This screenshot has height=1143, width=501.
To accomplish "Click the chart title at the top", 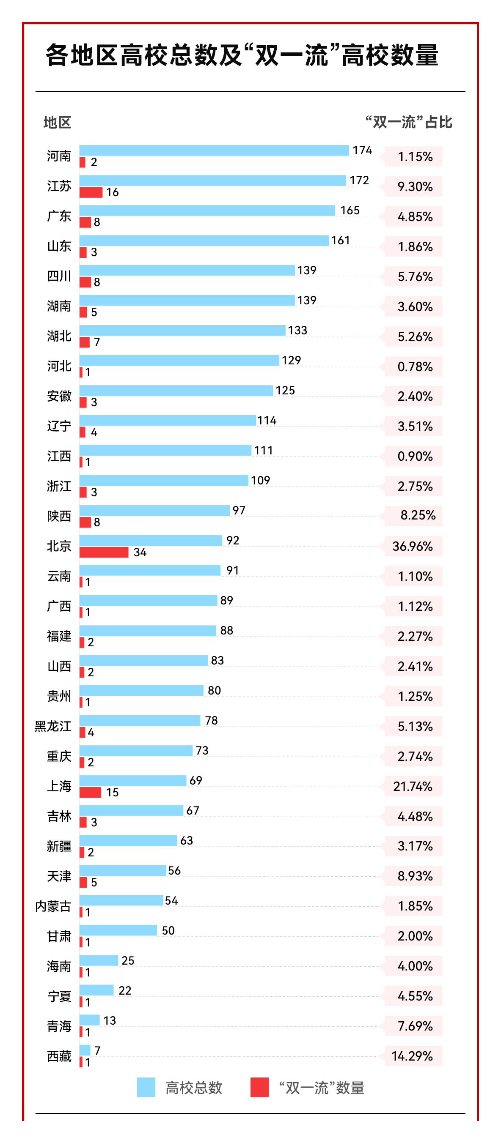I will point(242,55).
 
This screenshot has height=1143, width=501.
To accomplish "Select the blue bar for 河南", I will point(214,150).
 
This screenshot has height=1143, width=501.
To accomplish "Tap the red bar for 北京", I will point(104,552).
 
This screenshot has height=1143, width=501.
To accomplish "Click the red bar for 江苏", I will point(91,192).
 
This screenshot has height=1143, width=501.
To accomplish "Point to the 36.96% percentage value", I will point(413,546).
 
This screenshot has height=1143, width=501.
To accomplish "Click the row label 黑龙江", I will point(53,726).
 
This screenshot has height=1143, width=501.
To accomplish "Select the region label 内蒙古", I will point(53,906).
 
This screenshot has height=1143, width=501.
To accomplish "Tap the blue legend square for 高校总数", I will point(146,1087).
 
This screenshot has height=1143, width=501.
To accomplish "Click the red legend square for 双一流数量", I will point(259,1087).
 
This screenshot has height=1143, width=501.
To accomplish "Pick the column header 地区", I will point(57,123).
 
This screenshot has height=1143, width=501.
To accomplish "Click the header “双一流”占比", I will point(409,122).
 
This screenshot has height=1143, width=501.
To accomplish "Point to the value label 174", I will point(363,150).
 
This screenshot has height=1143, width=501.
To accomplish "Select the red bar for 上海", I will point(90,792).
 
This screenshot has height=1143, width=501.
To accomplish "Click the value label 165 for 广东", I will point(350,211).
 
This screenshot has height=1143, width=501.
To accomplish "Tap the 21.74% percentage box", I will point(413,786).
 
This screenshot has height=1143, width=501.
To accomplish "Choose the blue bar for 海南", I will point(99,960).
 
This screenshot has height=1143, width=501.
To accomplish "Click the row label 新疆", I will point(59,846).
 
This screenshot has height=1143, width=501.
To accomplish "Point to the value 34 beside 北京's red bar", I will point(140,552).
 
